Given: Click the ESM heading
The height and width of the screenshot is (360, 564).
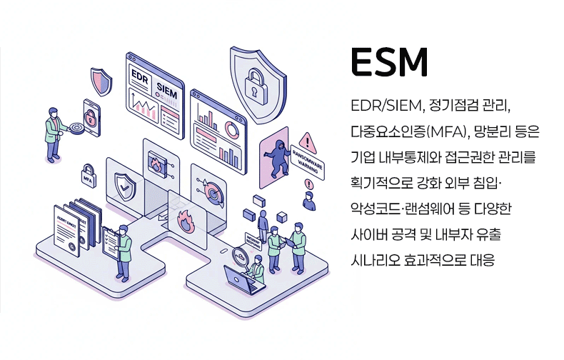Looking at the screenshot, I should point(390,64).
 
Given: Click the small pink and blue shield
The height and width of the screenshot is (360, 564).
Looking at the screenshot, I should point(101,81).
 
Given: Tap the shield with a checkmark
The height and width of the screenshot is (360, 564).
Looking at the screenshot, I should point(126,187).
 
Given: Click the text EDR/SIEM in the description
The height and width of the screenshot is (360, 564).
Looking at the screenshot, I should point(384,106).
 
